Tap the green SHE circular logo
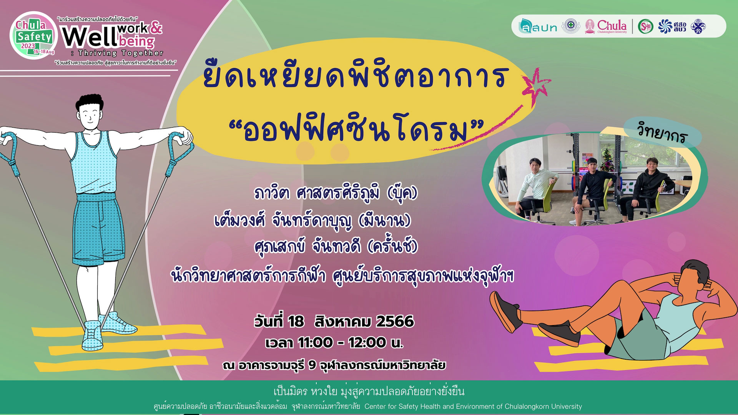pos(645,27)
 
